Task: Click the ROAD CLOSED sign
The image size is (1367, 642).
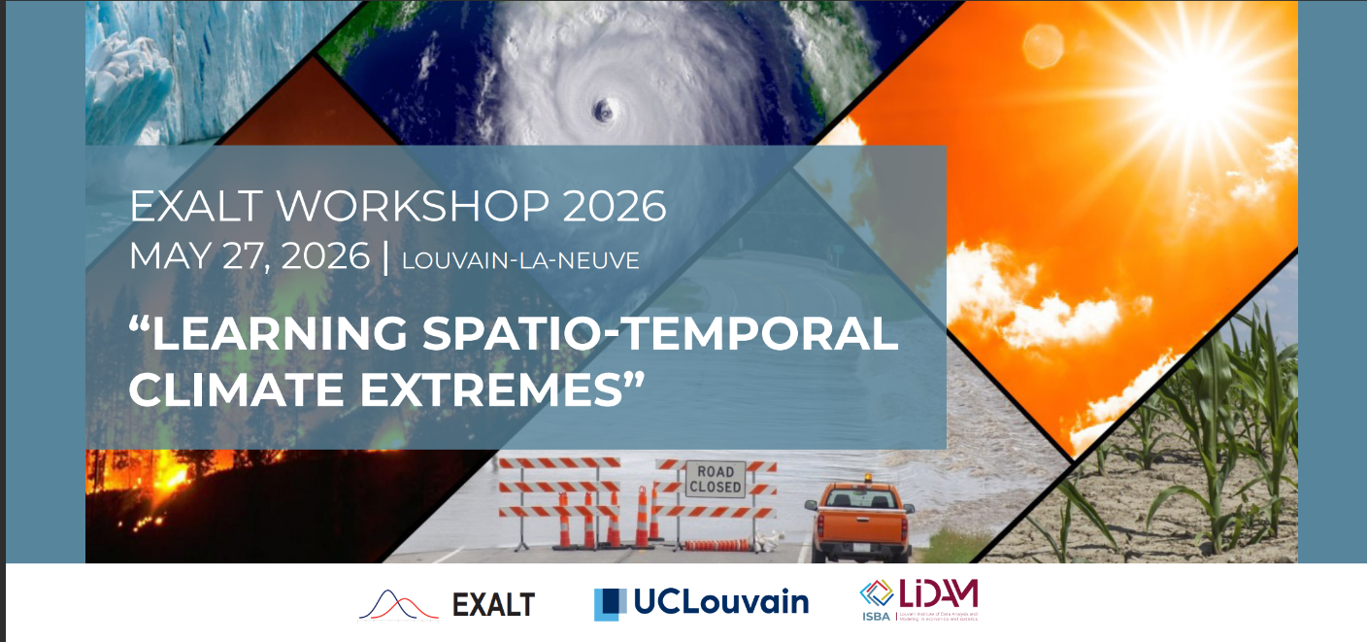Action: click(716, 479)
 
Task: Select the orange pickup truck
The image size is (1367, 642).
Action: click(859, 520)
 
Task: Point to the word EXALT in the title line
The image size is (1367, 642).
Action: click(192, 207)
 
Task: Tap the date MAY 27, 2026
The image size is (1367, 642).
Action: click(249, 257)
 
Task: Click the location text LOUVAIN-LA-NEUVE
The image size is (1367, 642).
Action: click(519, 260)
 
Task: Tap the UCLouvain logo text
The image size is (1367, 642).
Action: click(720, 602)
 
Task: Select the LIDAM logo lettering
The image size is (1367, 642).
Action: click(931, 594)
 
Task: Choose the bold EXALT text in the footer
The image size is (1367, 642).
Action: click(493, 605)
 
